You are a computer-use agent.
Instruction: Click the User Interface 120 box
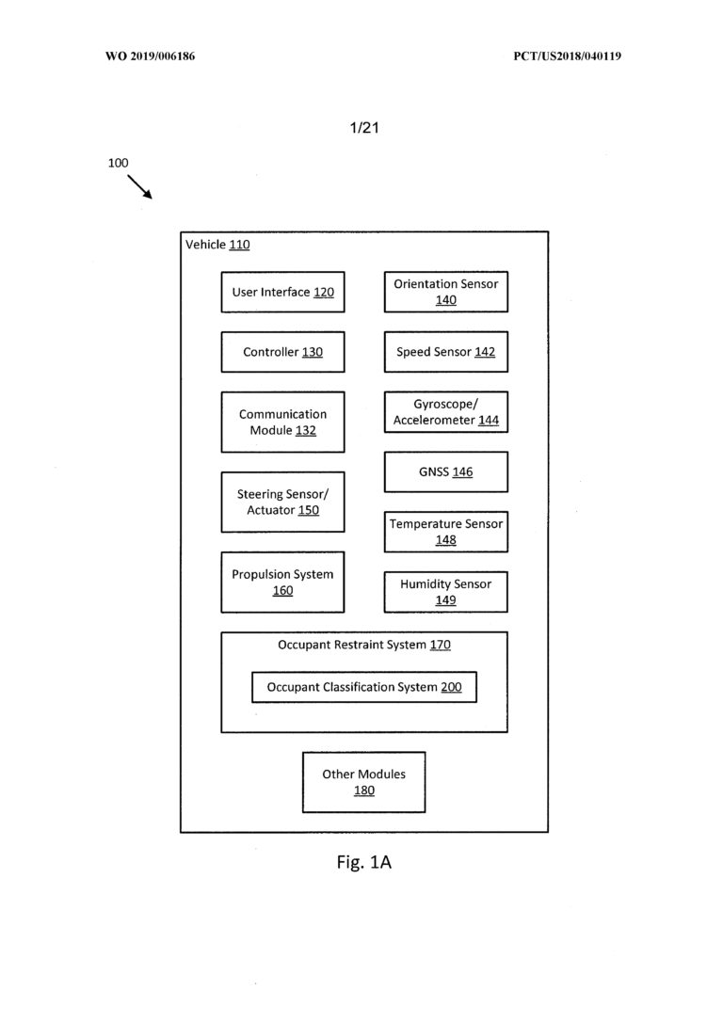point(283,292)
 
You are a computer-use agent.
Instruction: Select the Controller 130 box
point(283,352)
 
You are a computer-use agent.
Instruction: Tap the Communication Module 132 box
point(283,422)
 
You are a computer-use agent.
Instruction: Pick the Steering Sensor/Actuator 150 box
point(283,502)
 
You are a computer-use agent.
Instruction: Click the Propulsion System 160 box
point(283,582)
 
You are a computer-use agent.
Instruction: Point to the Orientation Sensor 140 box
point(446,292)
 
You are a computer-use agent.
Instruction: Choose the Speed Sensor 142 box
point(446,352)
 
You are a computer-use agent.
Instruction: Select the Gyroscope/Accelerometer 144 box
point(446,412)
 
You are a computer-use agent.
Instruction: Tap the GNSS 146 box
point(446,471)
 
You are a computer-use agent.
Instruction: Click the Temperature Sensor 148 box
point(446,532)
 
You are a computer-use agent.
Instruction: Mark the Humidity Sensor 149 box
point(446,592)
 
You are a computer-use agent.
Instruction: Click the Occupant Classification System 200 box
point(364,687)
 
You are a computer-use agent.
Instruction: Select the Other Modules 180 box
point(363,782)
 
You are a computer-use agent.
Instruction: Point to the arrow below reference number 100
point(139,186)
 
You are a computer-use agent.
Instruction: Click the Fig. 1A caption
point(363,862)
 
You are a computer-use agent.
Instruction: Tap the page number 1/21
point(364,128)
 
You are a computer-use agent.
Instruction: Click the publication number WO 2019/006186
point(150,56)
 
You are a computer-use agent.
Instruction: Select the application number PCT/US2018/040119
point(567,56)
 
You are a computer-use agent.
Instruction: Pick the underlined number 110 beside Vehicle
point(239,245)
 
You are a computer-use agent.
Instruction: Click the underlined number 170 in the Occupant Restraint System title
point(440,645)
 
